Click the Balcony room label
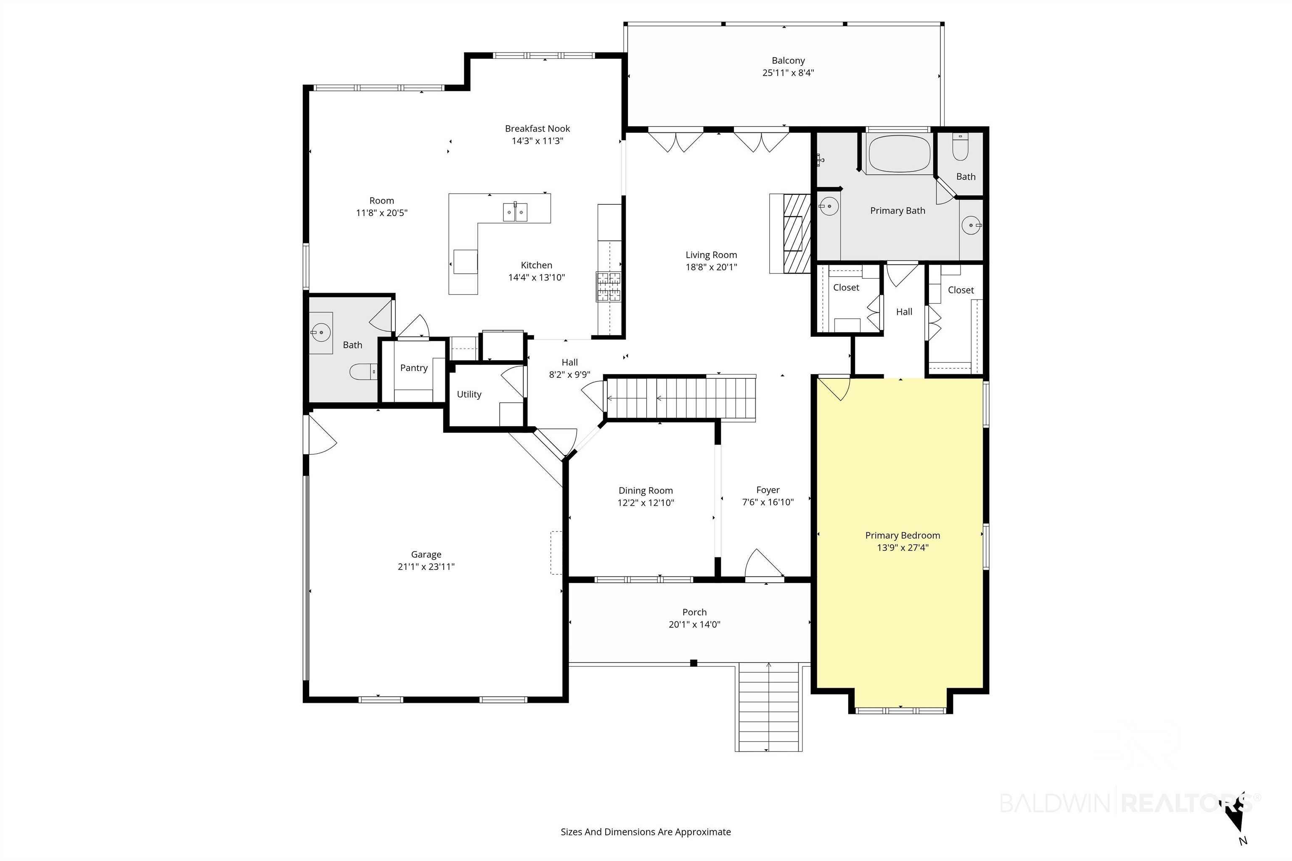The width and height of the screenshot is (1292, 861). click(x=788, y=61)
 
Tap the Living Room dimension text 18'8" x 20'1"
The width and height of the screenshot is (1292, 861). click(x=711, y=267)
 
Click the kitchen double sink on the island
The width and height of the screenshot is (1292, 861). click(x=515, y=212)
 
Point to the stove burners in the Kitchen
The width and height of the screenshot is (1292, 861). click(x=609, y=287)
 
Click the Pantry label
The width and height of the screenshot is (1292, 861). click(x=414, y=368)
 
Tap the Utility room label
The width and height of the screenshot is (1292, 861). click(x=469, y=394)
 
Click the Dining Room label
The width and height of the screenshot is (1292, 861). click(x=646, y=490)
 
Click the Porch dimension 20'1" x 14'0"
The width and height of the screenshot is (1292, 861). click(x=694, y=624)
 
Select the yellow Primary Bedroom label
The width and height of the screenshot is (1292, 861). click(x=903, y=535)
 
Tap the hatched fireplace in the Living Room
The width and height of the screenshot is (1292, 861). click(x=796, y=233)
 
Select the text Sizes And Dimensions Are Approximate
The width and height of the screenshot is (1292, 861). click(x=646, y=832)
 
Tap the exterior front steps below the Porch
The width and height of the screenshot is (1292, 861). click(x=768, y=707)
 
